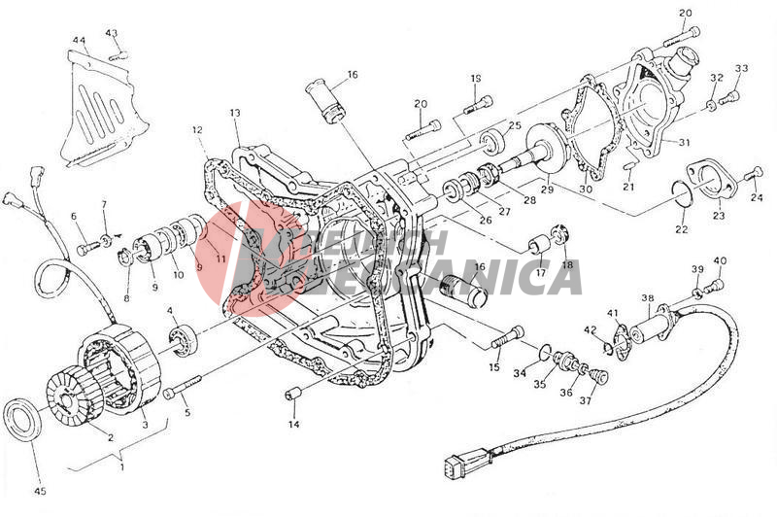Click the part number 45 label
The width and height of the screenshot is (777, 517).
coord(40,491)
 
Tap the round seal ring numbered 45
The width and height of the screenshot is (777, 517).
coord(25,417)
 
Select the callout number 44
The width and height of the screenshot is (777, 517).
coord(79,41)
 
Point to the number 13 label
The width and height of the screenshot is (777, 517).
coord(235,114)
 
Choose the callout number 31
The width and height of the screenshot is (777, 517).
coord(684,143)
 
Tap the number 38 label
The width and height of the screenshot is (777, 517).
coord(648,297)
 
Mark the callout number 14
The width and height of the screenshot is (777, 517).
coord(293,424)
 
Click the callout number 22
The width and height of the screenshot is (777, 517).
coord(681,229)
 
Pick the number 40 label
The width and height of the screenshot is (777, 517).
coord(720,260)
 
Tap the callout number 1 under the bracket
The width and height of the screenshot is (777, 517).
coord(121,466)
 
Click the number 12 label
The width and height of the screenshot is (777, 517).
coord(197,129)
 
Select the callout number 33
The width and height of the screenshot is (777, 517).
coord(741,68)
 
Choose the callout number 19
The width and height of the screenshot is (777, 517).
coord(476,78)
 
